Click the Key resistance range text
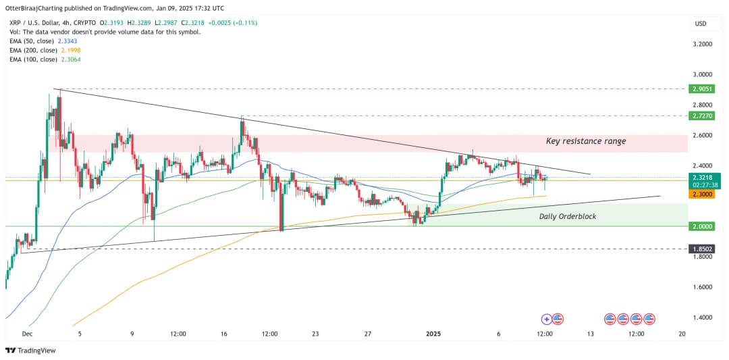[x=585, y=141]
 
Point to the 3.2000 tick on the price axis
[x=703, y=44]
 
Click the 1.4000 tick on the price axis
[x=703, y=317]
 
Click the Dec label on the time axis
[x=28, y=334]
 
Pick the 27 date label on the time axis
[x=368, y=334]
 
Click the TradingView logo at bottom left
[x=30, y=351]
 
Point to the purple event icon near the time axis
[x=547, y=319]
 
